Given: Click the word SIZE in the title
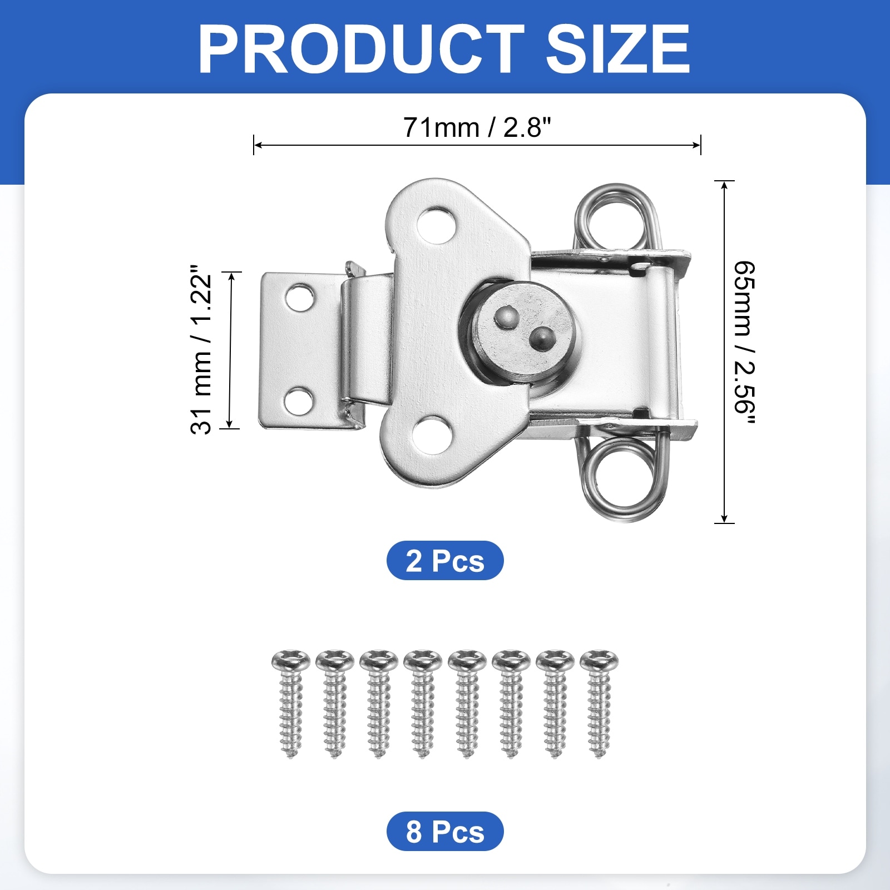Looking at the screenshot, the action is click(618, 49).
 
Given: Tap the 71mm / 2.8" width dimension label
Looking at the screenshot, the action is click(477, 127).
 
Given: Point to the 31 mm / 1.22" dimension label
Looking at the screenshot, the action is click(201, 349).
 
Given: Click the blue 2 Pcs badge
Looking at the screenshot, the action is click(445, 560).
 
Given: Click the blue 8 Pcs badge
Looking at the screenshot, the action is click(445, 831).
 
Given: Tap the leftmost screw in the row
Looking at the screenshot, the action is click(291, 704).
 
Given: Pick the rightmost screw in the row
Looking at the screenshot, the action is click(599, 704).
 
